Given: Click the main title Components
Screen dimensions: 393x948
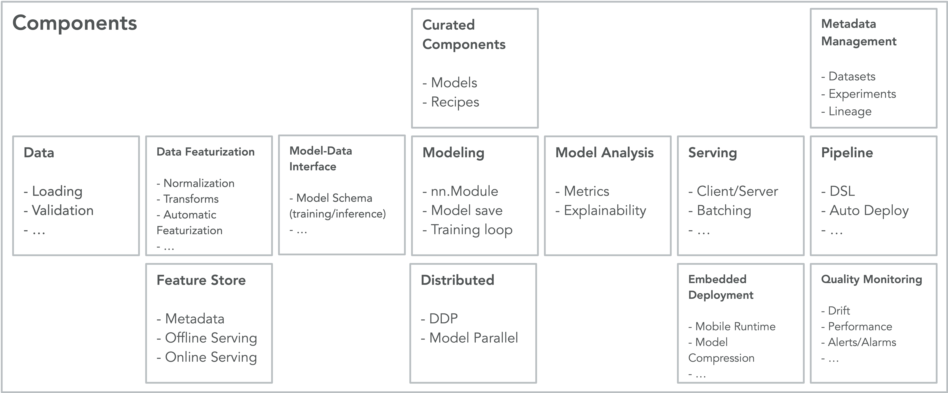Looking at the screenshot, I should [75, 23].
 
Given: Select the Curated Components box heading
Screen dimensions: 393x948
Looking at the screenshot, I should [464, 35].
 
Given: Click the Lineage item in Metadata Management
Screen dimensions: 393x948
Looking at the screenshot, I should [846, 111].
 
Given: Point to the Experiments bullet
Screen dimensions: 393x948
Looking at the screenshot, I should [859, 94].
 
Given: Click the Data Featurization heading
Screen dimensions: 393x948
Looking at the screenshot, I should [205, 152].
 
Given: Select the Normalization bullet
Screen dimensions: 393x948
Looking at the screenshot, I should [195, 183].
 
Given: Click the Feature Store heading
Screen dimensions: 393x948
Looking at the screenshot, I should [201, 280].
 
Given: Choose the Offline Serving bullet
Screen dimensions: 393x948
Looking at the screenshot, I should [207, 338].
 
